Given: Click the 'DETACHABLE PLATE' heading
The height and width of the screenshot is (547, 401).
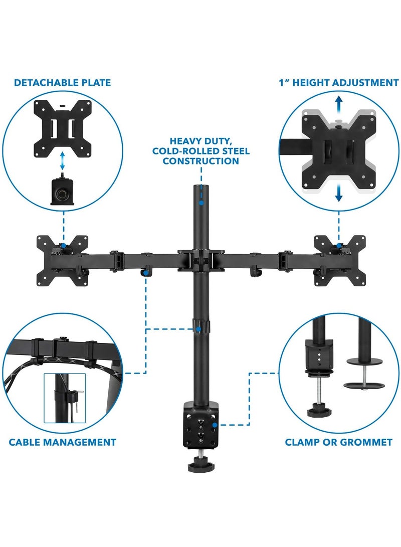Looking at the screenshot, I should pyautogui.click(x=62, y=82).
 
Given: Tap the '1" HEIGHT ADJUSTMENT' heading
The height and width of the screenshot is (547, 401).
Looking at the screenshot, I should pyautogui.click(x=339, y=83).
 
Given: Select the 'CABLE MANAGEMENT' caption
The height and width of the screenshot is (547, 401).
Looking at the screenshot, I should pyautogui.click(x=62, y=442).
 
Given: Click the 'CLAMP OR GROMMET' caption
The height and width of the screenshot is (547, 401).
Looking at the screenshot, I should pyautogui.click(x=338, y=442).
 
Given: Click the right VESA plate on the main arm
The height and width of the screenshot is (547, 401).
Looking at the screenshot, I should pyautogui.click(x=340, y=260).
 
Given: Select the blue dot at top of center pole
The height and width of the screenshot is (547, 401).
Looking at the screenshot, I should pyautogui.click(x=200, y=203).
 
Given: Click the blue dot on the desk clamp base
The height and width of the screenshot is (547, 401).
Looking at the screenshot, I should pyautogui.click(x=214, y=424).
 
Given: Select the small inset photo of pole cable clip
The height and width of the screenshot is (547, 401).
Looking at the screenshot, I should pyautogui.click(x=64, y=398).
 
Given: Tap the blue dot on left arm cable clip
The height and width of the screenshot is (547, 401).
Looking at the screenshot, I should pyautogui.click(x=145, y=274).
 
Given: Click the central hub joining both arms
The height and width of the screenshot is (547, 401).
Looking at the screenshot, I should pyautogui.click(x=200, y=259).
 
